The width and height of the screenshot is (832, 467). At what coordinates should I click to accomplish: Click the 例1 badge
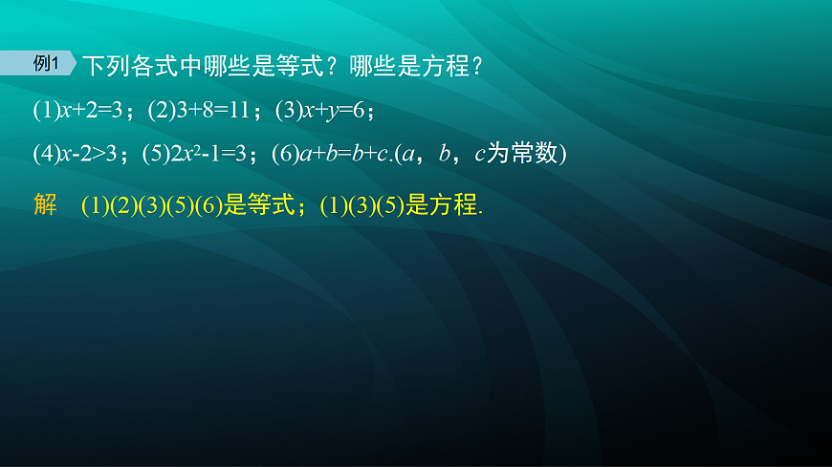(47, 64)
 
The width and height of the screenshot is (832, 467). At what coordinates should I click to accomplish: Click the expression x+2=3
(91, 111)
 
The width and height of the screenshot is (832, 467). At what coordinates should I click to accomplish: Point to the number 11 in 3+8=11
(236, 111)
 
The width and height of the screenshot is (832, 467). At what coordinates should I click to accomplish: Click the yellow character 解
(45, 205)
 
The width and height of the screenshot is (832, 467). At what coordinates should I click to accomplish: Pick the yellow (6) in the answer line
(208, 206)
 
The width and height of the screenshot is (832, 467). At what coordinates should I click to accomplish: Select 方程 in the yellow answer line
(452, 206)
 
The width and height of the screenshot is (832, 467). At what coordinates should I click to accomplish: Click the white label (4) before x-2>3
(46, 154)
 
